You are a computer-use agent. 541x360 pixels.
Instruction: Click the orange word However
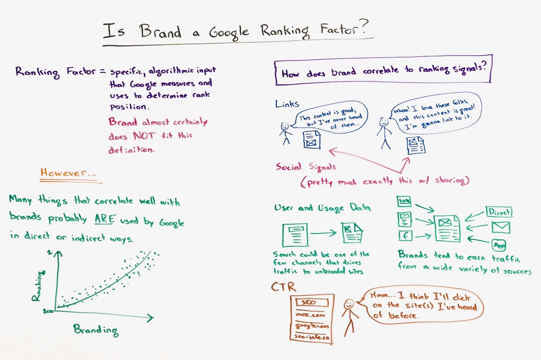pos(64,173)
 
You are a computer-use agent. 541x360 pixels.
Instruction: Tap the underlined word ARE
pos(104,219)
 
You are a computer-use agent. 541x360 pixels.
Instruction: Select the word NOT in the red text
pos(143,136)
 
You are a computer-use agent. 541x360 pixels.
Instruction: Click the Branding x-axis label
pos(96,330)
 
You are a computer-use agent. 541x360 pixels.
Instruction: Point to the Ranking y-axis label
pos(39,286)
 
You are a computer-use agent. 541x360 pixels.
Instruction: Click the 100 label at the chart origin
pos(48,311)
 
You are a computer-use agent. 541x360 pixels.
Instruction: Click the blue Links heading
pos(287,104)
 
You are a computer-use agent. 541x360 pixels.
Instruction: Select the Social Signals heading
pos(306,167)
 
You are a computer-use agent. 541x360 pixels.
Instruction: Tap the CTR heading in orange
pos(283,287)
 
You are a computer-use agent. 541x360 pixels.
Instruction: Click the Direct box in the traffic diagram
pos(499,212)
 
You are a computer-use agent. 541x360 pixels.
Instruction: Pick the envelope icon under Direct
pos(501,227)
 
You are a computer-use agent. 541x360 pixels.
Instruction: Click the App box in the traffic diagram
pos(499,245)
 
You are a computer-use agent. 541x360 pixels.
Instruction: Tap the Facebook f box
pos(405,236)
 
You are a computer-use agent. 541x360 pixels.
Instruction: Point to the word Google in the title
pos(229,34)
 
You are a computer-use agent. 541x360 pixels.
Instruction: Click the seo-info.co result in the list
pos(312,337)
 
